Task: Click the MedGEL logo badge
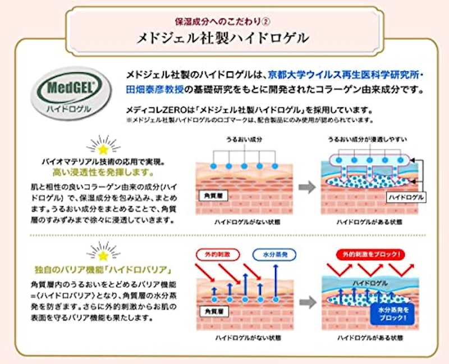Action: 71,92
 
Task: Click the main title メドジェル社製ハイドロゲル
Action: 223,38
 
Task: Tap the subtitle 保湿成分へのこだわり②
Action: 223,21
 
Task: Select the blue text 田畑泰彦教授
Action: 155,90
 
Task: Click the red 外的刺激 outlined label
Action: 218,254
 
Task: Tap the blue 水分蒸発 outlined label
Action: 274,254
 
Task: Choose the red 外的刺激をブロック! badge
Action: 370,254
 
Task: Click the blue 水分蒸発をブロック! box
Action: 392,314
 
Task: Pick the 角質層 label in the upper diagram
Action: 213,195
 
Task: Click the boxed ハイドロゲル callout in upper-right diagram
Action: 406,197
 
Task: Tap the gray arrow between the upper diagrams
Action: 307,187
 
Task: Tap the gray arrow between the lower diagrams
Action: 308,302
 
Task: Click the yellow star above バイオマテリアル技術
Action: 103,149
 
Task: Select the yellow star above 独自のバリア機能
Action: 103,256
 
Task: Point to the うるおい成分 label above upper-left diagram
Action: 244,139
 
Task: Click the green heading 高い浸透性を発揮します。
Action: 103,172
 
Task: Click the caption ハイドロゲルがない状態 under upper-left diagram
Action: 248,222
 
